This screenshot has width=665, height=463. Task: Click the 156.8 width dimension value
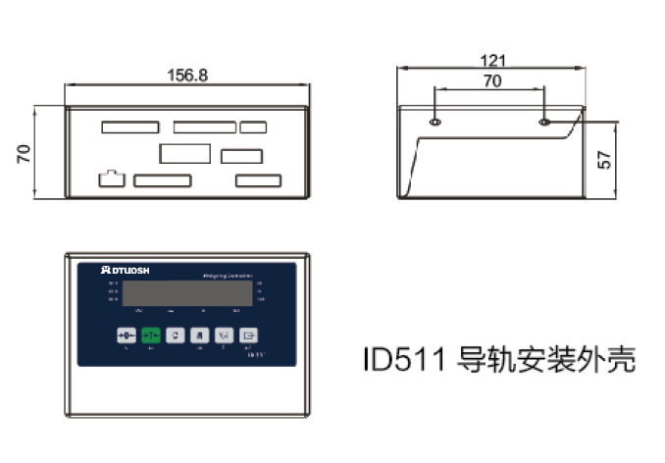tap(188, 75)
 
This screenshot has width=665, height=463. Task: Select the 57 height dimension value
tap(605, 159)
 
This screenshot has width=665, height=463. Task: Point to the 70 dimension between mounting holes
tap(492, 81)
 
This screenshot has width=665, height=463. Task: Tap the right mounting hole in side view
tap(545, 123)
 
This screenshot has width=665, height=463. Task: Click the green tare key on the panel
tap(150, 334)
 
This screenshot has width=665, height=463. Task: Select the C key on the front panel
tap(175, 334)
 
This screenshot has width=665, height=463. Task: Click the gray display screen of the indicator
tap(187, 291)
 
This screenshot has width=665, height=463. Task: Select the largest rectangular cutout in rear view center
tap(184, 153)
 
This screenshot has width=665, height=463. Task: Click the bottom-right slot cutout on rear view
tap(258, 180)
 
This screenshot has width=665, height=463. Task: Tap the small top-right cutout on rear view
tap(253, 126)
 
